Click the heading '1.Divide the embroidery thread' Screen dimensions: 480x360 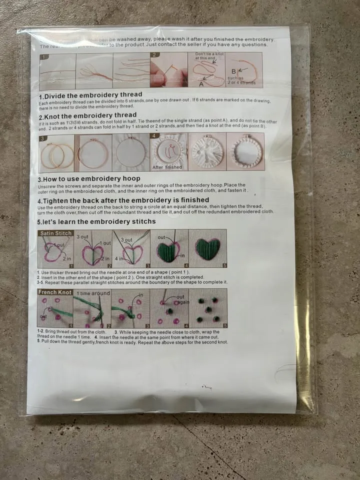coord(90,94)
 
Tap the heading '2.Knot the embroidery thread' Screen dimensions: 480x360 coord(87,115)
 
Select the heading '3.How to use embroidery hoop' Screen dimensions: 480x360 coord(89,178)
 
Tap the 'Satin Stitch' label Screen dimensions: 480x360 coord(56,233)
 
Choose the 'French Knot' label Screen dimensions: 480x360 coord(55,292)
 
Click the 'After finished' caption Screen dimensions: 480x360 coord(167,167)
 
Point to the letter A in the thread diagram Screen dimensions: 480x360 coord(201,84)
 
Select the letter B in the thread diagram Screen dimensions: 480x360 coord(233,71)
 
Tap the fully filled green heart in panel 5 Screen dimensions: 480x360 coord(207,248)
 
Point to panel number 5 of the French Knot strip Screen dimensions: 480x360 coord(224,325)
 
